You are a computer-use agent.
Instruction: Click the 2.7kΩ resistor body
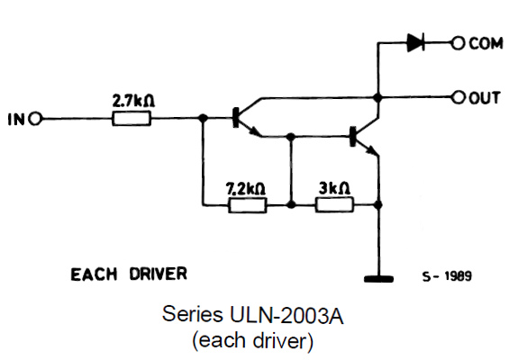coord(132,119)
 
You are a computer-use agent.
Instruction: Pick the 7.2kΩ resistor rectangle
coord(248,205)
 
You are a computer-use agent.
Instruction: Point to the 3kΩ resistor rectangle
coord(335,204)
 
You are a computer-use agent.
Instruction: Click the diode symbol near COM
coord(415,43)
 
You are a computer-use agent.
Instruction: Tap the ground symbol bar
coord(378,279)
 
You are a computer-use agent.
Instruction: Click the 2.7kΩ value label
coord(134,101)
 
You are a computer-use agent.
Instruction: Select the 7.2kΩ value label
coord(246,188)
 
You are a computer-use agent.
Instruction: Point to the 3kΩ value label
coord(334,188)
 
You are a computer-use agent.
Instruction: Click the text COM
coord(486,43)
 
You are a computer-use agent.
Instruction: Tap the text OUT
coord(485,98)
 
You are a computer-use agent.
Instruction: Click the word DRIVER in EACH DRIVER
coord(159,274)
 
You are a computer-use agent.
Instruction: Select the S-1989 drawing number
coord(448,276)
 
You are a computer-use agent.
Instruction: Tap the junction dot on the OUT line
coord(378,98)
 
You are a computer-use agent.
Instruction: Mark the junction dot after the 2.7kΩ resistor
coord(203,118)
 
